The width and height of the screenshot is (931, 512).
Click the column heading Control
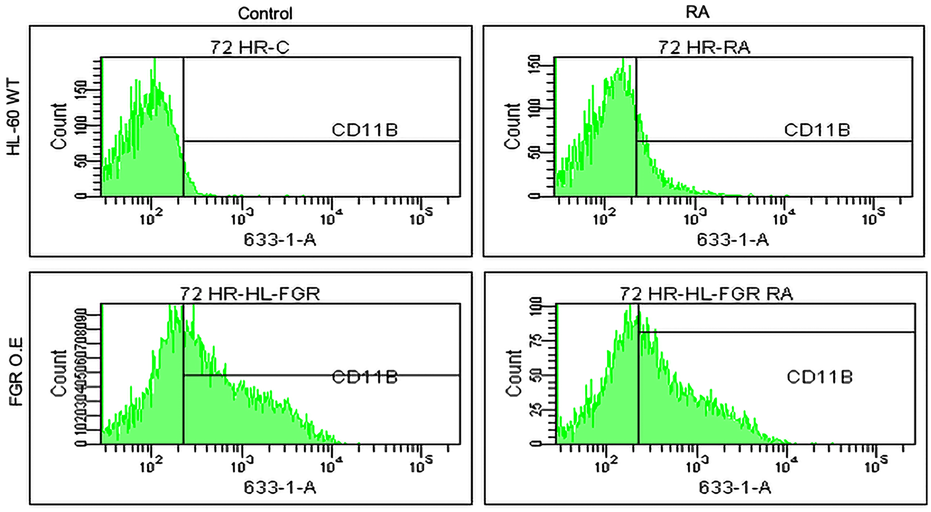tap(265, 13)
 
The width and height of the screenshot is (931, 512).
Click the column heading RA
tap(697, 12)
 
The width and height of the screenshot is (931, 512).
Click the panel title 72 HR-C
tap(250, 47)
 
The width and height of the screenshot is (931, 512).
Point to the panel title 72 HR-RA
tap(704, 47)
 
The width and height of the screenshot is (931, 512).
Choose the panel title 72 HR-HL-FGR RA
tap(706, 294)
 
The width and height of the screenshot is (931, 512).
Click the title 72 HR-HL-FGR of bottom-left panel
tap(250, 294)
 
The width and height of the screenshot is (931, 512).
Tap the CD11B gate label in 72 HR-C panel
tap(364, 130)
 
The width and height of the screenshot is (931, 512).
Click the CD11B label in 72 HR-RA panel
tap(817, 130)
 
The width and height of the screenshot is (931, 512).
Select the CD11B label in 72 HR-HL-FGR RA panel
tap(819, 377)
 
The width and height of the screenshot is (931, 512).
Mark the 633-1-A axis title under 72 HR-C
tap(280, 240)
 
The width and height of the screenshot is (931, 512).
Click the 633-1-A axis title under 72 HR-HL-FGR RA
tap(735, 487)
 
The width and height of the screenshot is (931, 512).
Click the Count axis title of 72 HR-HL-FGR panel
tap(59, 373)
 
